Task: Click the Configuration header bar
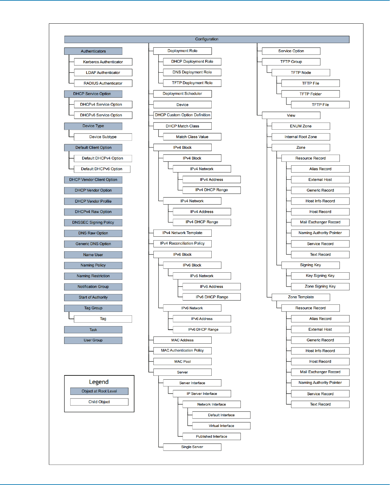[x=207, y=39]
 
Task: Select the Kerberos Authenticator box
[x=103, y=62]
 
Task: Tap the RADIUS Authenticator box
[x=103, y=83]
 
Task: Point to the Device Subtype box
[x=103, y=137]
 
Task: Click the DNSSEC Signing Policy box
[x=93, y=222]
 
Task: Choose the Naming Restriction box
[x=93, y=276]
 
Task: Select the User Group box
[x=93, y=340]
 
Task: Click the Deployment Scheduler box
[x=182, y=94]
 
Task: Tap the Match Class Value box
[x=192, y=137]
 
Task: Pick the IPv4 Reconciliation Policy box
[x=182, y=243]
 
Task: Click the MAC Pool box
[x=182, y=361]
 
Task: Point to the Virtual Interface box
[x=221, y=426]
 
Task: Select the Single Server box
[x=192, y=447]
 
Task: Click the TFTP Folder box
[x=310, y=94]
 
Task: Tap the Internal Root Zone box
[x=301, y=137]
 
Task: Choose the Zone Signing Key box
[x=320, y=287]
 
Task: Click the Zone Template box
[x=301, y=297]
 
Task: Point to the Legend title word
[x=99, y=382]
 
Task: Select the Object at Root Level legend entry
[x=99, y=391]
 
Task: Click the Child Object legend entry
[x=99, y=402]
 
